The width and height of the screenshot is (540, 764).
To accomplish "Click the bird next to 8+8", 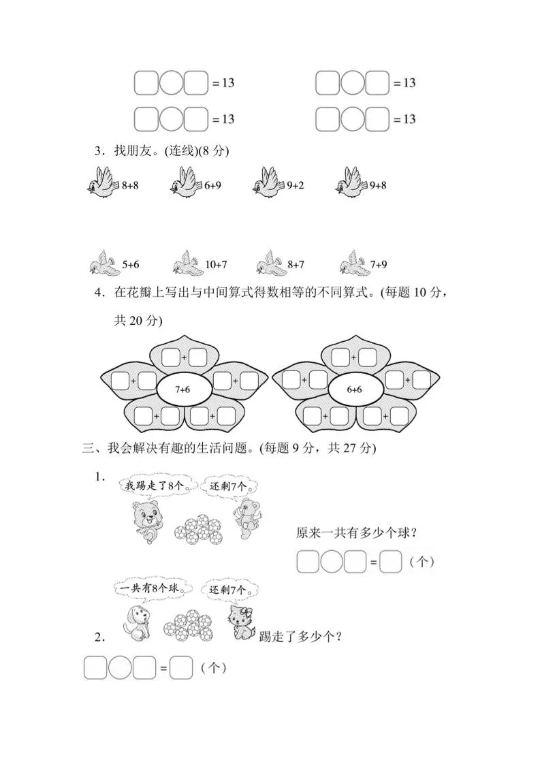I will [104, 184].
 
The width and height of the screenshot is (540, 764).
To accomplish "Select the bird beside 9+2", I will [268, 184].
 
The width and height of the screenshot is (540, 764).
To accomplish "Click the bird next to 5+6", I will [104, 263].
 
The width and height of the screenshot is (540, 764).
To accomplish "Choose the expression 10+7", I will [216, 264].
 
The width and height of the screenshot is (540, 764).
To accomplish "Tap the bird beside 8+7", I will [270, 263].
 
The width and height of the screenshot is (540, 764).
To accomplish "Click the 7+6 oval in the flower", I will [182, 389].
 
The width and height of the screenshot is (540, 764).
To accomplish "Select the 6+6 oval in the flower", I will [354, 389].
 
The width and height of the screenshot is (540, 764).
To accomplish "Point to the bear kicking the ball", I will [146, 521].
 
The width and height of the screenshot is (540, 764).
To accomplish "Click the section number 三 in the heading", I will [87, 448].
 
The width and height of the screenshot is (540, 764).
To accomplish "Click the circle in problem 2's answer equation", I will [120, 668].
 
